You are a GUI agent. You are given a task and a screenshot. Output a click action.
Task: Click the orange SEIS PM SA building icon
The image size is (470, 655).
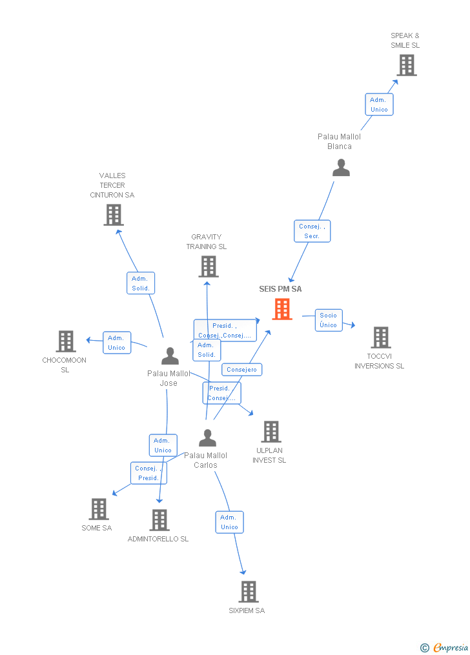[282, 309]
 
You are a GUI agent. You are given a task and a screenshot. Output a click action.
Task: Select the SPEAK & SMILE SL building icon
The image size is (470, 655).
[406, 65]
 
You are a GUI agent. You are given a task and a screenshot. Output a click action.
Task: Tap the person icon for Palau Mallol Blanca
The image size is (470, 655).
[341, 168]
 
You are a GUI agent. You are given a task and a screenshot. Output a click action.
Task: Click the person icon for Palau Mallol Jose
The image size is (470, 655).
[170, 356]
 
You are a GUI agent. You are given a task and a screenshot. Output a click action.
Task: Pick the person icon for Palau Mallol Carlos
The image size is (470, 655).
[207, 438]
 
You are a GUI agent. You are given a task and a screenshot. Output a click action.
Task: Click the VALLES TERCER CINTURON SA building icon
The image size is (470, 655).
[114, 215]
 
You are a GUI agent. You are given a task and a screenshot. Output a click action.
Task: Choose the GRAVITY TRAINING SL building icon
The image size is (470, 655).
[208, 267]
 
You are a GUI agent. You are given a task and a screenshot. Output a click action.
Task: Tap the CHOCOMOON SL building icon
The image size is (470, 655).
[66, 341]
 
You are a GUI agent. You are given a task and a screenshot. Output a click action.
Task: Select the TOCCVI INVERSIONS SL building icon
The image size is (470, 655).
[380, 338]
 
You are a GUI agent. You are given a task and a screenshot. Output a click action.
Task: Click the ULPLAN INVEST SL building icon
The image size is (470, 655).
[271, 432]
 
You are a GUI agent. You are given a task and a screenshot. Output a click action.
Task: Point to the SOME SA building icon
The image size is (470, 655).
[98, 509]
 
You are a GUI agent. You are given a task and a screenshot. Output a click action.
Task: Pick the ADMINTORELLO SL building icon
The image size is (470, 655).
[159, 520]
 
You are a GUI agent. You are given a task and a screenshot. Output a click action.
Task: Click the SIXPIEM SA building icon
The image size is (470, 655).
[248, 592]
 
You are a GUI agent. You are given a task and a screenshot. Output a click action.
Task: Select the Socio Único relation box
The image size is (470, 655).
[329, 320]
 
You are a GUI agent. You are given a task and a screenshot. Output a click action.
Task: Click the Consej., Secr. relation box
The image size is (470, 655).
[312, 231]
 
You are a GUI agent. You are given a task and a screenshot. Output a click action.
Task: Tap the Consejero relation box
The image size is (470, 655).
[242, 370]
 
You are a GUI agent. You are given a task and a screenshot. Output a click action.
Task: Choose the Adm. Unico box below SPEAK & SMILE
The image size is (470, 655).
[379, 105]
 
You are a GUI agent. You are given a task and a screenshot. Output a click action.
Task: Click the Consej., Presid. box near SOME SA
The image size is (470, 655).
[148, 473]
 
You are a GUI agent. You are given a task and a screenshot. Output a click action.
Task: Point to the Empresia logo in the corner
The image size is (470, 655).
[445, 647]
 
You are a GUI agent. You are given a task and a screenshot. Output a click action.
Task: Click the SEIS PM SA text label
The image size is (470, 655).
[280, 289]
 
